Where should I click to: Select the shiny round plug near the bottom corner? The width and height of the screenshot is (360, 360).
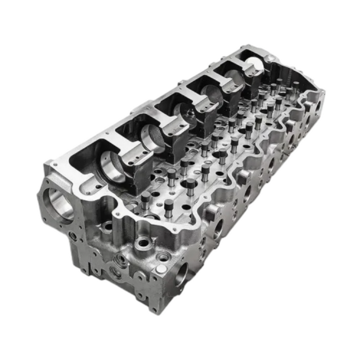161,270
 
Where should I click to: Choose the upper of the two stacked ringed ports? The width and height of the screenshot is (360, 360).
121,259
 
